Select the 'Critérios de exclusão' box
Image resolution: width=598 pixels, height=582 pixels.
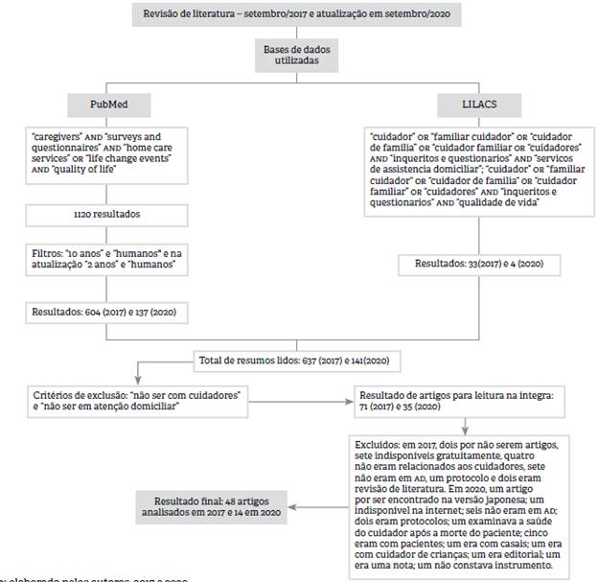[136, 399]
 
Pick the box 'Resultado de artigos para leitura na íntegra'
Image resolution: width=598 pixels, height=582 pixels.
[462, 399]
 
